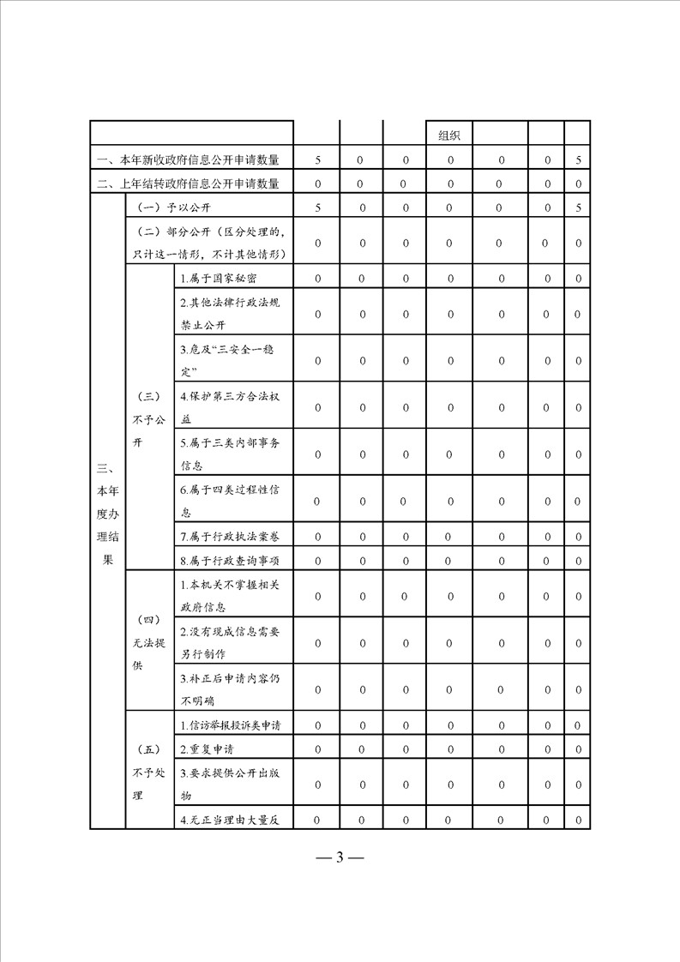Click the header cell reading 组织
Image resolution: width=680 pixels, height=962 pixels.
point(449,135)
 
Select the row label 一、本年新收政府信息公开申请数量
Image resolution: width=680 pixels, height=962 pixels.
point(193,159)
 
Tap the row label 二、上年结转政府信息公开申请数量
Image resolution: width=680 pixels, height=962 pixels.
point(193,183)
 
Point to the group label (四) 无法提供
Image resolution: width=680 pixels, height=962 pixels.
point(148,642)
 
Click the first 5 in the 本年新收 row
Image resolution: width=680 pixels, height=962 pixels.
point(317,159)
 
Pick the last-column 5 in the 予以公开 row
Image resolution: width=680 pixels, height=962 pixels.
point(579,207)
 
